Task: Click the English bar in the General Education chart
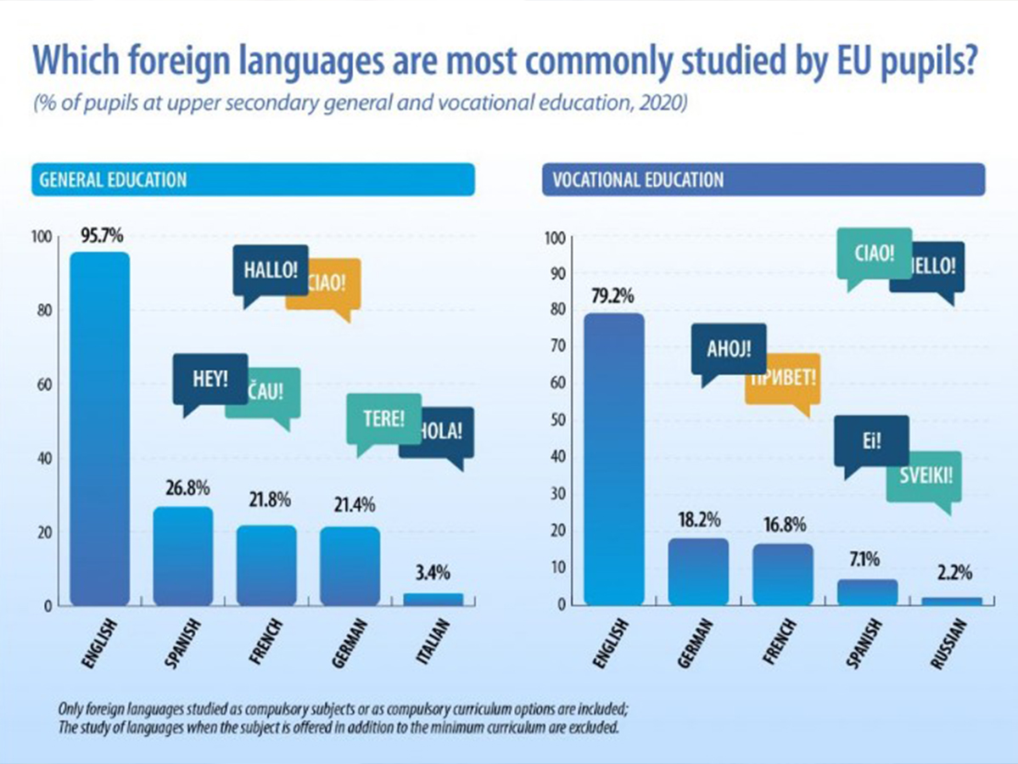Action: [x=99, y=429]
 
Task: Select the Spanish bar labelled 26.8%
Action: [x=182, y=556]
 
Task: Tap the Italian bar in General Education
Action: [x=433, y=599]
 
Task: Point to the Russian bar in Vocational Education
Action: [x=951, y=601]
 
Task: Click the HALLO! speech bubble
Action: [x=271, y=272]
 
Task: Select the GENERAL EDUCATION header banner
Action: [x=252, y=181]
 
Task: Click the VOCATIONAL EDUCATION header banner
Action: [x=763, y=181]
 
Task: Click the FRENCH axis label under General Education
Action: [x=264, y=643]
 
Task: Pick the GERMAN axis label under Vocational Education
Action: [x=695, y=643]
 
